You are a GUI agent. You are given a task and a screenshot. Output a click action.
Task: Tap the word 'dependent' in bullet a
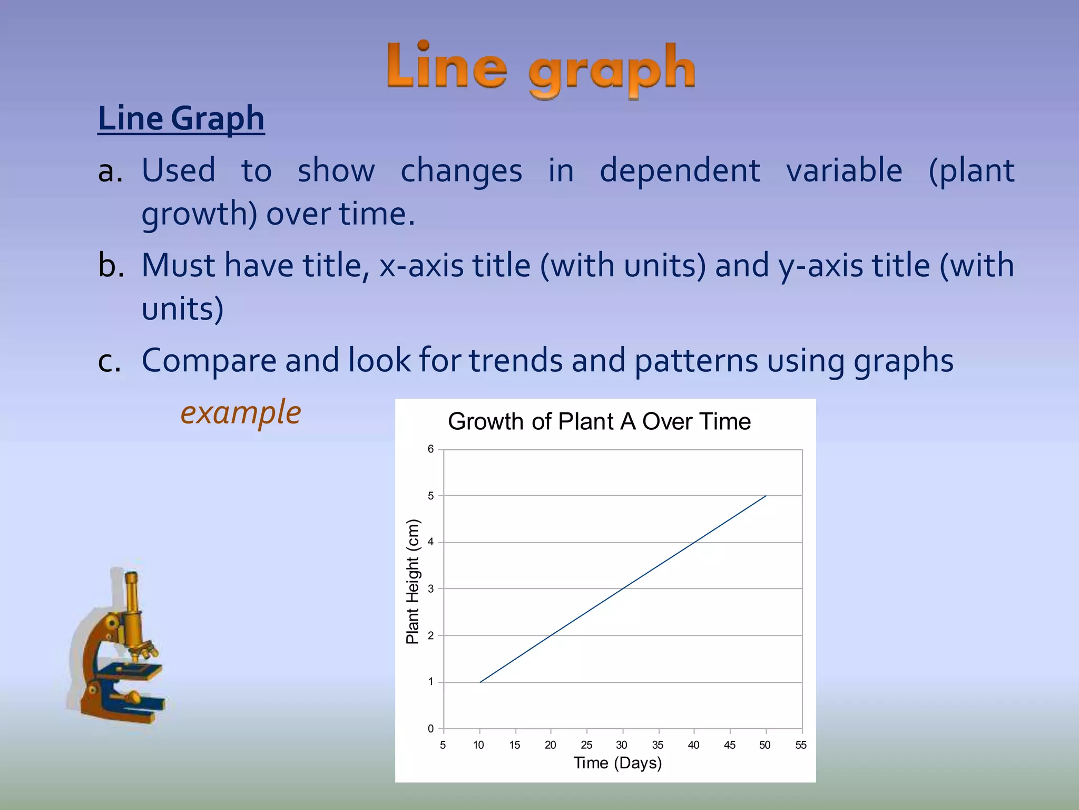coord(680,171)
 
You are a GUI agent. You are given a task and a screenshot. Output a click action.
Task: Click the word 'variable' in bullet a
coord(844,171)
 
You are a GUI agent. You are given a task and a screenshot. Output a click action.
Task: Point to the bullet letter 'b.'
coord(111,265)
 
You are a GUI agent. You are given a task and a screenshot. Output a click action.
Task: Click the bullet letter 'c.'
coord(110,361)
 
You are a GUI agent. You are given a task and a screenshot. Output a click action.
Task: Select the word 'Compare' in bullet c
coord(209,361)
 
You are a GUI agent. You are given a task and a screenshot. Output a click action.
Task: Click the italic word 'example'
coord(241,412)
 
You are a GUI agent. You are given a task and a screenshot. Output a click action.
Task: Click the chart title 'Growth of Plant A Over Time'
coord(599,422)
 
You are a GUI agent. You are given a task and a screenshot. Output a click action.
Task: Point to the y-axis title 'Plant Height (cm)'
coord(413,582)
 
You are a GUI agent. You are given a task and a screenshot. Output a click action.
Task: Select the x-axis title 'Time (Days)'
coord(617,763)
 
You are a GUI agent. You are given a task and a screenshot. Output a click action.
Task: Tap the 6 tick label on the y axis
coord(431,449)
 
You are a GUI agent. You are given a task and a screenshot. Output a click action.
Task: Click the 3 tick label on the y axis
coord(431,589)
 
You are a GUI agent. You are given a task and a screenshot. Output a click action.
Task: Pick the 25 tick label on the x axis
coord(586,745)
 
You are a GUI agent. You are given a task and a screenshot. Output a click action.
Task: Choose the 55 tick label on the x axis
coord(801,745)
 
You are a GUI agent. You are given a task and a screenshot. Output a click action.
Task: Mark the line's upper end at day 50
coord(766,496)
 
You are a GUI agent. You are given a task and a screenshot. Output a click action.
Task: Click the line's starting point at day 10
coord(480,682)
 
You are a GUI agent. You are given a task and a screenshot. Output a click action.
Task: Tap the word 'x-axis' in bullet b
coord(421,265)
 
